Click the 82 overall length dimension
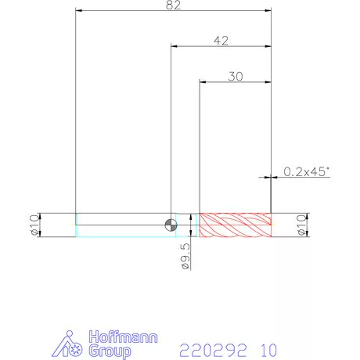pyautogui.click(x=173, y=5)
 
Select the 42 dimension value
pyautogui.click(x=221, y=41)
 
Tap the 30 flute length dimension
pyautogui.click(x=236, y=77)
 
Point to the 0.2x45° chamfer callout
pyautogui.click(x=306, y=171)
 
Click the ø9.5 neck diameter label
pyautogui.click(x=185, y=256)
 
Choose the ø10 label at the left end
pyautogui.click(x=34, y=225)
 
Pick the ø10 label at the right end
pyautogui.click(x=301, y=225)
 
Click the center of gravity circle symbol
pyautogui.click(x=171, y=225)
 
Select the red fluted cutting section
pyautogui.click(x=236, y=225)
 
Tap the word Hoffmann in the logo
pyautogui.click(x=123, y=337)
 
